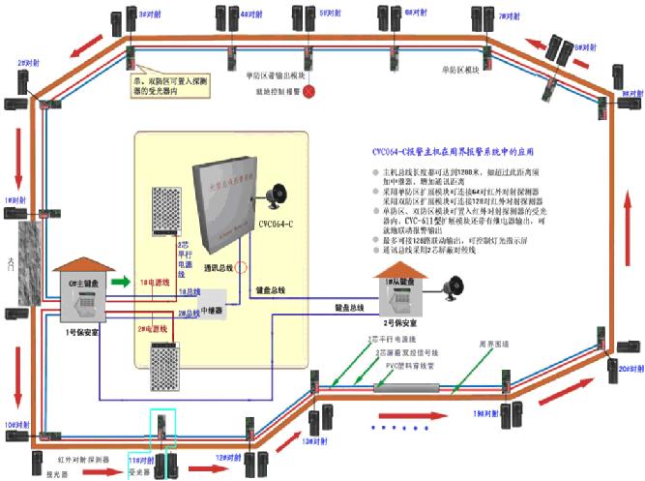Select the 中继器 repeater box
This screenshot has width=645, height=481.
tap(212, 303)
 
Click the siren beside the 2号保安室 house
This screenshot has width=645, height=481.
tap(452, 287)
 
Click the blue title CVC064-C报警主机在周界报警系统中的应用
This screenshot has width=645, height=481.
tap(454, 152)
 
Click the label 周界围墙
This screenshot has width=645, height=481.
tap(494, 344)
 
